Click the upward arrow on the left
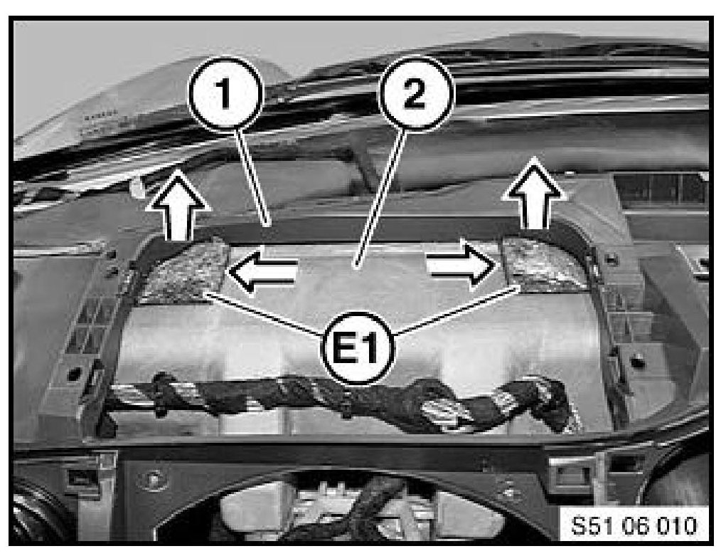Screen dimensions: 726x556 click(176, 206)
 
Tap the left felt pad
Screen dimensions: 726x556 click(185, 271)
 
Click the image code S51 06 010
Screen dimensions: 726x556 click(634, 525)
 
